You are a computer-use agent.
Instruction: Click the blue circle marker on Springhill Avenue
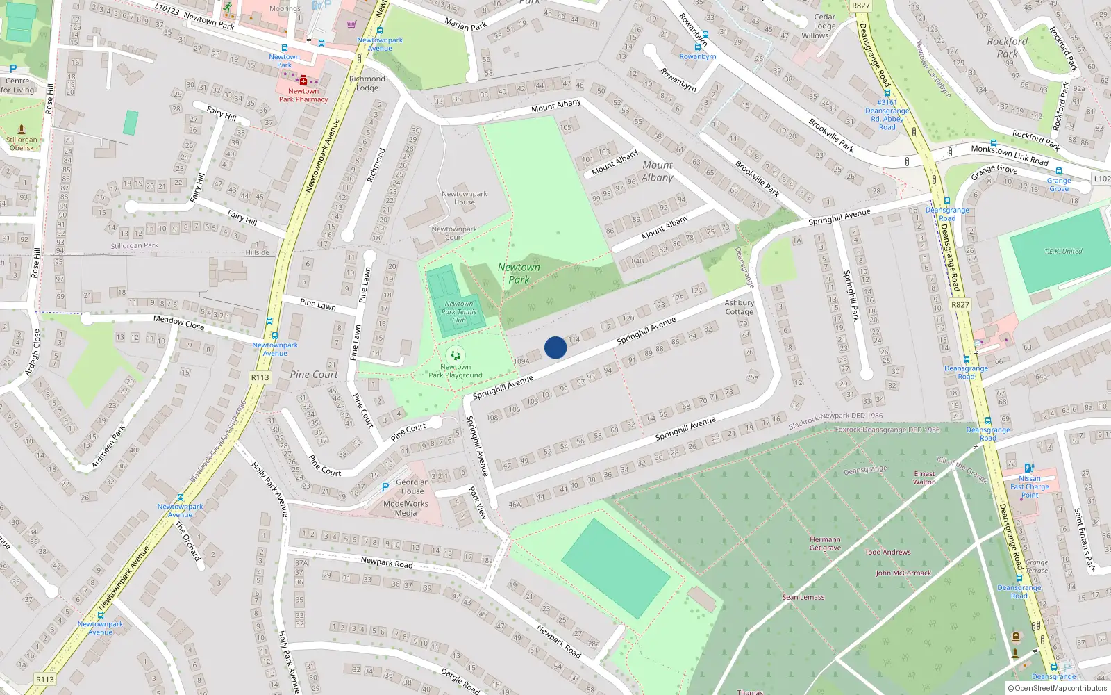[x=555, y=347]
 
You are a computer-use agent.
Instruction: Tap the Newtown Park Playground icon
[x=456, y=355]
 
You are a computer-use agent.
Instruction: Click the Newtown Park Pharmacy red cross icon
[x=303, y=81]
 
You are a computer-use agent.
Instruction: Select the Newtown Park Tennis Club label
[x=459, y=312]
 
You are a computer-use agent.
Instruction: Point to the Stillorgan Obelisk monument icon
[x=22, y=129]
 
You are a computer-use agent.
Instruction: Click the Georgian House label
[x=412, y=486]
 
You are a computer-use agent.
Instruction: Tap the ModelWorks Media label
[x=406, y=509]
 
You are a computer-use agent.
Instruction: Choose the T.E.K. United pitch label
[x=1063, y=251]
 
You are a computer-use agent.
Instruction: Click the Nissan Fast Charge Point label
[x=1030, y=486]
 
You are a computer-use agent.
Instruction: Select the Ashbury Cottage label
[x=740, y=307]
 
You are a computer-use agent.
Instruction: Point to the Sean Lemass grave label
[x=803, y=597]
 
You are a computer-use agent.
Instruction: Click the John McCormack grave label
[x=903, y=573]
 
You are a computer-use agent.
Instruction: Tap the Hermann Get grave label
[x=825, y=543]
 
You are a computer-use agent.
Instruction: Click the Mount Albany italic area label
[x=658, y=171]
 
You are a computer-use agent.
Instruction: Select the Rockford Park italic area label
[x=1007, y=47]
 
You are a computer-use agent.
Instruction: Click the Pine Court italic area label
[x=314, y=375]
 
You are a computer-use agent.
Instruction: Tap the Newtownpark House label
[x=465, y=198]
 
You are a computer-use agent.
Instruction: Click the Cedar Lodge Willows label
[x=824, y=26]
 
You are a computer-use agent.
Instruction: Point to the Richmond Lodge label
[x=367, y=83]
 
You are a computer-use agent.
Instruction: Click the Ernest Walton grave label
[x=924, y=478]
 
